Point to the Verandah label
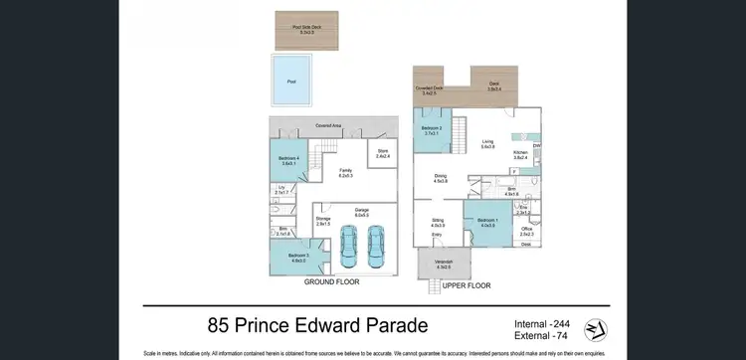(441, 264)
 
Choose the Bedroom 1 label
(487, 222)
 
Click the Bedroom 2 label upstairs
(432, 130)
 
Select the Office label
(526, 232)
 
